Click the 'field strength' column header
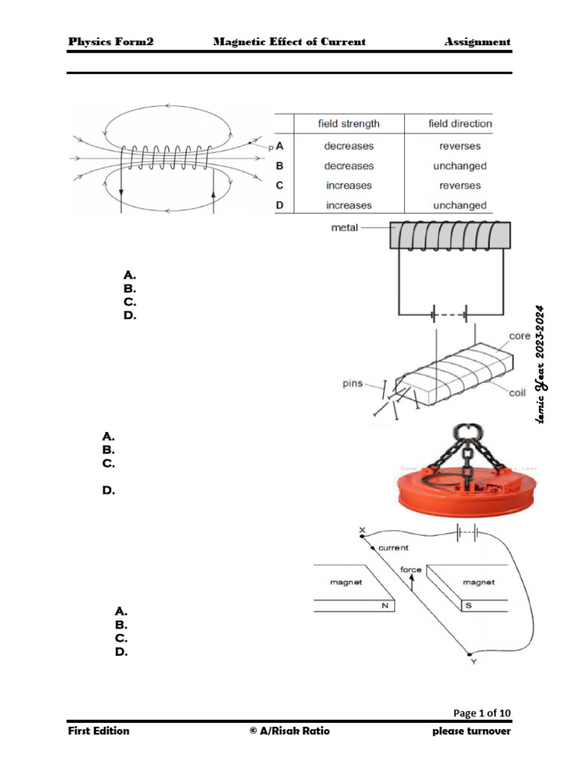(x=348, y=124)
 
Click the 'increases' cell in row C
(x=348, y=185)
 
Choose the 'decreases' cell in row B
(x=348, y=166)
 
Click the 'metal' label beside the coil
(x=345, y=226)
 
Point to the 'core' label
(x=519, y=335)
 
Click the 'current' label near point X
(x=394, y=548)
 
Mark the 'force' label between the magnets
(x=411, y=570)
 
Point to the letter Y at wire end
(x=473, y=661)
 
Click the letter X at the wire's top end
(x=362, y=531)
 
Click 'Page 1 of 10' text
(x=482, y=713)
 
